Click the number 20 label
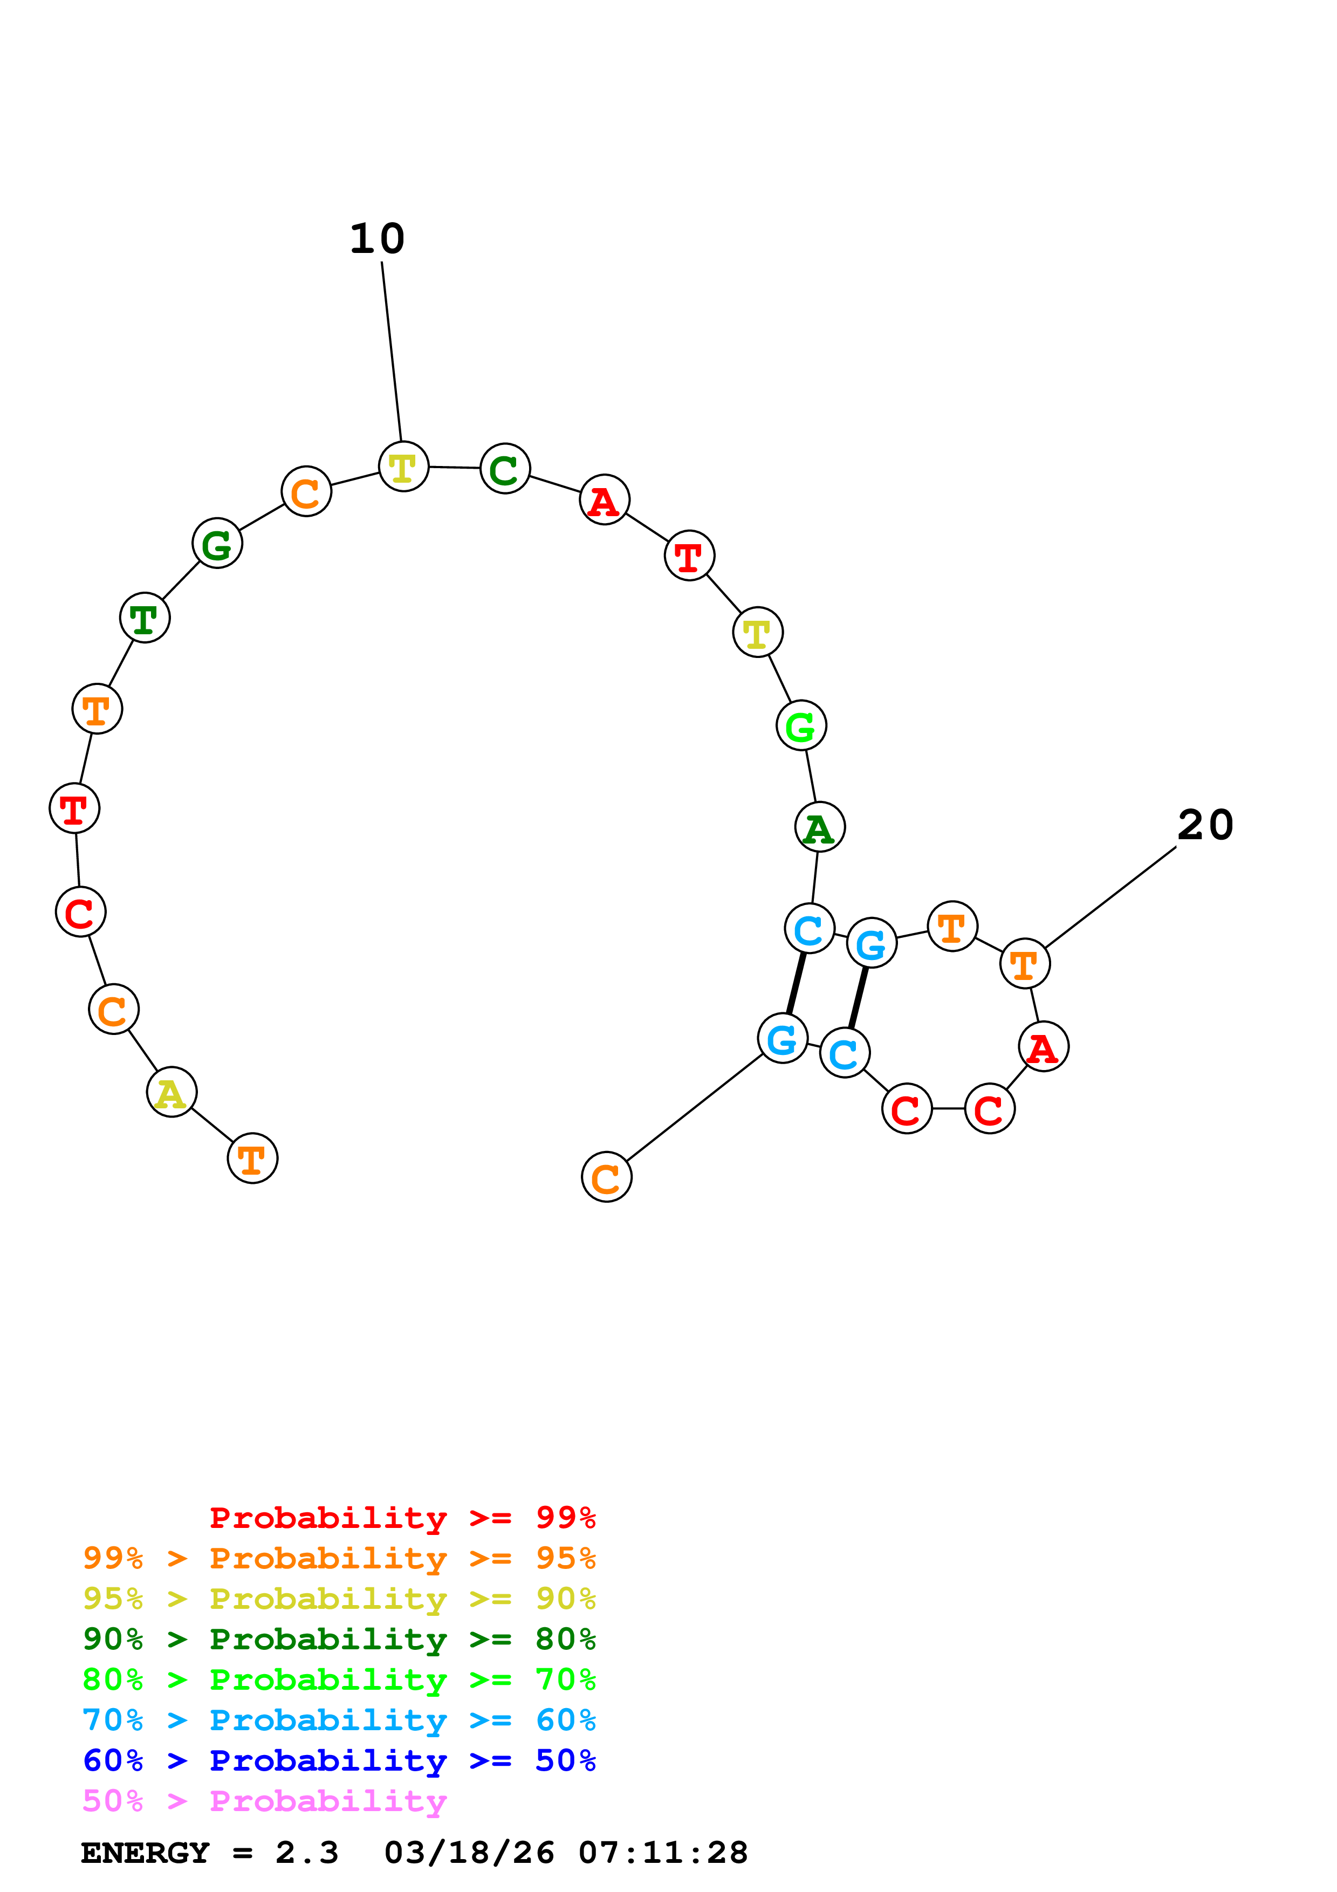[x=1205, y=825]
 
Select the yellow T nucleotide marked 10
[x=403, y=467]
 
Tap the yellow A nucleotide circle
[x=172, y=1093]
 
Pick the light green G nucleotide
[x=801, y=726]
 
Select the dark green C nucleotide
[x=504, y=469]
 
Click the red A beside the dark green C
[x=605, y=500]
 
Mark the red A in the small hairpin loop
[x=1043, y=1047]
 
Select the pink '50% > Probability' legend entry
[x=264, y=1801]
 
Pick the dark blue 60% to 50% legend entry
[x=339, y=1761]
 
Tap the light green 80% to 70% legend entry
[x=339, y=1680]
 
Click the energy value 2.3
[x=306, y=1853]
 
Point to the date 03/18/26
[x=469, y=1853]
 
